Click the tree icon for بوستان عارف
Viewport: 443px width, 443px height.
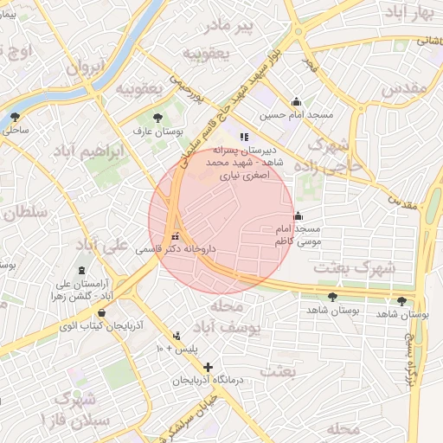click(x=157, y=118)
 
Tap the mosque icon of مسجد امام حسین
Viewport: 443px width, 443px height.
click(x=297, y=101)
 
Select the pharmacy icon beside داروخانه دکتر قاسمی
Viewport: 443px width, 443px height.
click(x=177, y=236)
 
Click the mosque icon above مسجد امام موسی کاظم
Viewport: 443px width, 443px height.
click(x=299, y=216)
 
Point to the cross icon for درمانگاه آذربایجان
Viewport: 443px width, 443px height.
click(x=208, y=368)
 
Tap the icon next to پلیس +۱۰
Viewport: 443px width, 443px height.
click(x=177, y=335)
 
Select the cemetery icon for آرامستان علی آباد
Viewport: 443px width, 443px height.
click(x=82, y=271)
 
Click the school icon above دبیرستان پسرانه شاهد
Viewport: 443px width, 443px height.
click(x=245, y=136)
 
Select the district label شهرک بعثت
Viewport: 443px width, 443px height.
click(x=354, y=267)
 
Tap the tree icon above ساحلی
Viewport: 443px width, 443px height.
click(x=14, y=116)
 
